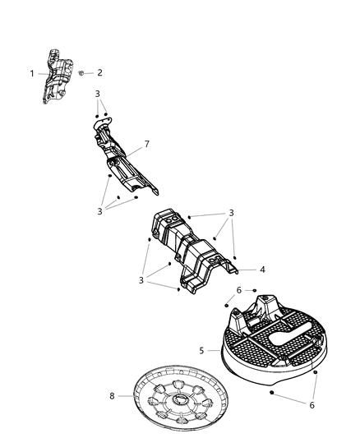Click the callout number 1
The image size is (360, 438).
[x=33, y=74]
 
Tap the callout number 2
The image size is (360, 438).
[x=99, y=73]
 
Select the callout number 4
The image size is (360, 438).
[x=261, y=269]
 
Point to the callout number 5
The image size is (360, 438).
[x=201, y=350]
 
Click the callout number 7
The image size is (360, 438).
[x=147, y=145]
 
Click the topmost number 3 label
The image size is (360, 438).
[x=97, y=94]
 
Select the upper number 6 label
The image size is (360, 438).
[x=238, y=290]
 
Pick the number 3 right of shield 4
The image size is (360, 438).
[x=232, y=213]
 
